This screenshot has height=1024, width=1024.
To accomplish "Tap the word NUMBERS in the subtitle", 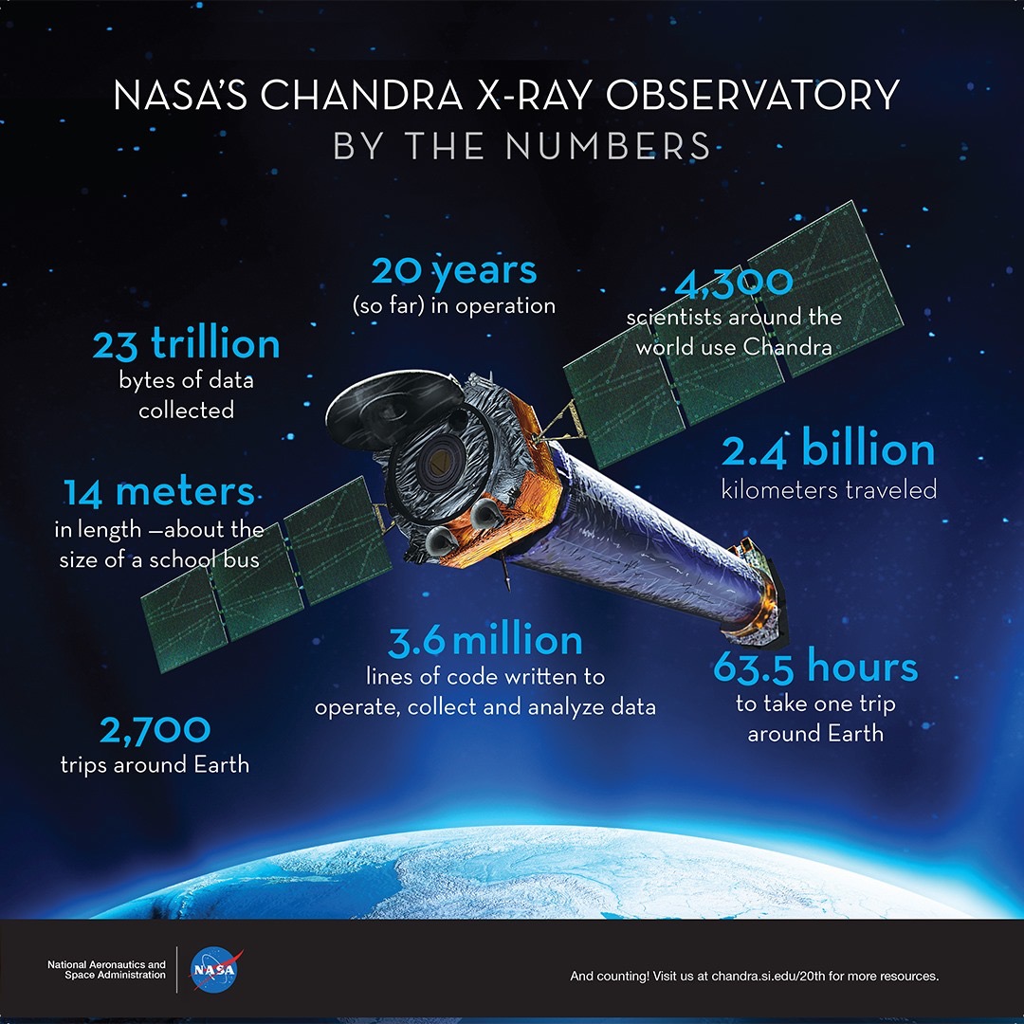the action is (x=608, y=146).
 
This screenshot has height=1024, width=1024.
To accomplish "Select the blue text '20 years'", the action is (x=454, y=271).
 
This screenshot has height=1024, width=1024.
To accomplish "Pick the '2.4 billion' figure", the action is (x=828, y=449).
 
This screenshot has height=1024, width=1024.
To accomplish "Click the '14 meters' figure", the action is (x=158, y=492).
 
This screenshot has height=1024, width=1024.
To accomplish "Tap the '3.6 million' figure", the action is (x=485, y=641).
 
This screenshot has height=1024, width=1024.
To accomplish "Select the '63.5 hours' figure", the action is (x=815, y=667).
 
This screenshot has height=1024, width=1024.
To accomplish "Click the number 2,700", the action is (x=155, y=730).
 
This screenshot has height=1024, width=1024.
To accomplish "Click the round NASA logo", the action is (x=214, y=970).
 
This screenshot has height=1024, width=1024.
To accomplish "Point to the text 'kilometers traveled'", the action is (x=829, y=490).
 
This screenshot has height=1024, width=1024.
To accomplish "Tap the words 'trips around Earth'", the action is (x=155, y=764).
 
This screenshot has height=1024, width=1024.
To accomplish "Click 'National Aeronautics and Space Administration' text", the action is (x=106, y=970).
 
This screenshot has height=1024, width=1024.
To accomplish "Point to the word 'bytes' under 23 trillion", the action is (x=145, y=381).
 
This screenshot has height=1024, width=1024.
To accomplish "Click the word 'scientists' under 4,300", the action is (x=675, y=318).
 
